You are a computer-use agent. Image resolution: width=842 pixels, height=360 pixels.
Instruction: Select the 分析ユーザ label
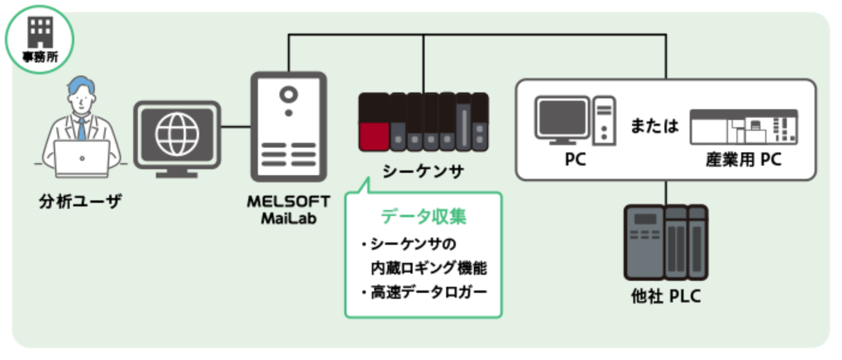(80, 201)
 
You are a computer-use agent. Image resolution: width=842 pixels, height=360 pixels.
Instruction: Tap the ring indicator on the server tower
(288, 94)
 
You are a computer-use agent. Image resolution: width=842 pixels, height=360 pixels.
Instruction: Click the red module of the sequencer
(373, 135)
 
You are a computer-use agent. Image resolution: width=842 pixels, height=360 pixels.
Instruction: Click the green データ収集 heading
(423, 216)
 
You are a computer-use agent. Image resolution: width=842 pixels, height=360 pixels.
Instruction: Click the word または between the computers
(654, 126)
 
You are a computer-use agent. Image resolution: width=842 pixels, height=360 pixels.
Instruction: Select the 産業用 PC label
(743, 160)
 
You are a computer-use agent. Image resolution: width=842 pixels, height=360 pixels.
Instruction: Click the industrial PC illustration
(744, 127)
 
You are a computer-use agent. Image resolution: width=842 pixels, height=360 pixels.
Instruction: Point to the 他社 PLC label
(666, 296)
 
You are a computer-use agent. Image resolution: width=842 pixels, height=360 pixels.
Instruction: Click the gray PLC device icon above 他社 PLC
(666, 242)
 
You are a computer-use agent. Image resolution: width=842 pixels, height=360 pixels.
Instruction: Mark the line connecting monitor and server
(236, 127)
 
